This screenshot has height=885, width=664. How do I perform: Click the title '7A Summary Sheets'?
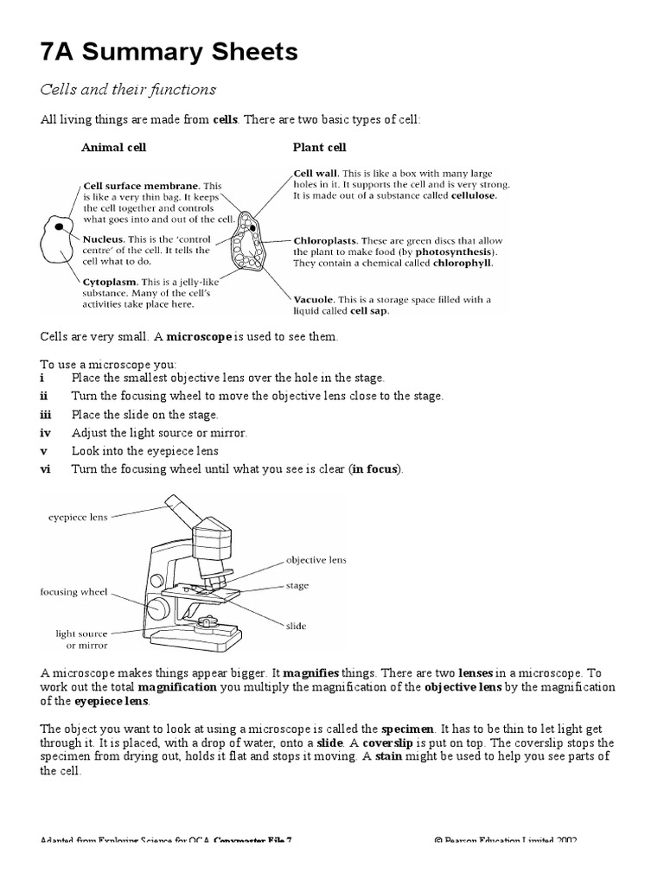[x=169, y=53]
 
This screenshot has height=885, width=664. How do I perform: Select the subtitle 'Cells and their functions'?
[x=128, y=90]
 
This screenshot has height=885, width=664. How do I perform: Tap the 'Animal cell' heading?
[x=113, y=148]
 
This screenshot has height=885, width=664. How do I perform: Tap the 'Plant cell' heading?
[x=319, y=148]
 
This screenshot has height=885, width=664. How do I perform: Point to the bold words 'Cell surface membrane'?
[x=141, y=186]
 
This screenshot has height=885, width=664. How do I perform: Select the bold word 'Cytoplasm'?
[x=110, y=282]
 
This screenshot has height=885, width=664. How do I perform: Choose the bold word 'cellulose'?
[x=468, y=196]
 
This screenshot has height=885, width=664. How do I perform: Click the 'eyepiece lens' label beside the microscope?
[x=78, y=518]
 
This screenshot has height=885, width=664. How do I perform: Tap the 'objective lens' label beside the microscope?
[x=316, y=560]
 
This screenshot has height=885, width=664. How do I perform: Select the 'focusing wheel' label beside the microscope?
[x=73, y=593]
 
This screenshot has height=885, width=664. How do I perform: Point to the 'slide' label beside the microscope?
[x=296, y=625]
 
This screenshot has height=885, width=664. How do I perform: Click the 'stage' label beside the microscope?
[x=297, y=586]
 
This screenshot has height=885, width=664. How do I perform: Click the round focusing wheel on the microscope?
[x=158, y=608]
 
